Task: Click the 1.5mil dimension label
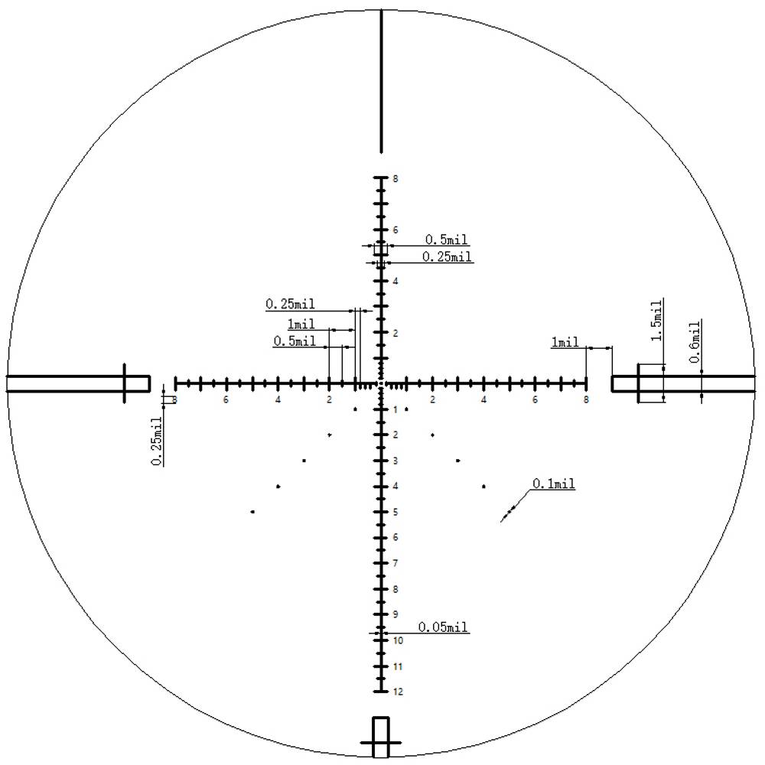(657, 320)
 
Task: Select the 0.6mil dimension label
(695, 341)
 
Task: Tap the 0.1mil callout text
(553, 483)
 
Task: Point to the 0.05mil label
(442, 627)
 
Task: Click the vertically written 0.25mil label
(157, 441)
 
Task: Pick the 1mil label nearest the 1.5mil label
(565, 342)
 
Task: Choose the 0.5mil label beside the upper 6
(446, 239)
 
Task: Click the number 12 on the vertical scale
(398, 692)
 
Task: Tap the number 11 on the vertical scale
(398, 666)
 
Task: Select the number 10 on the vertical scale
(398, 640)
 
